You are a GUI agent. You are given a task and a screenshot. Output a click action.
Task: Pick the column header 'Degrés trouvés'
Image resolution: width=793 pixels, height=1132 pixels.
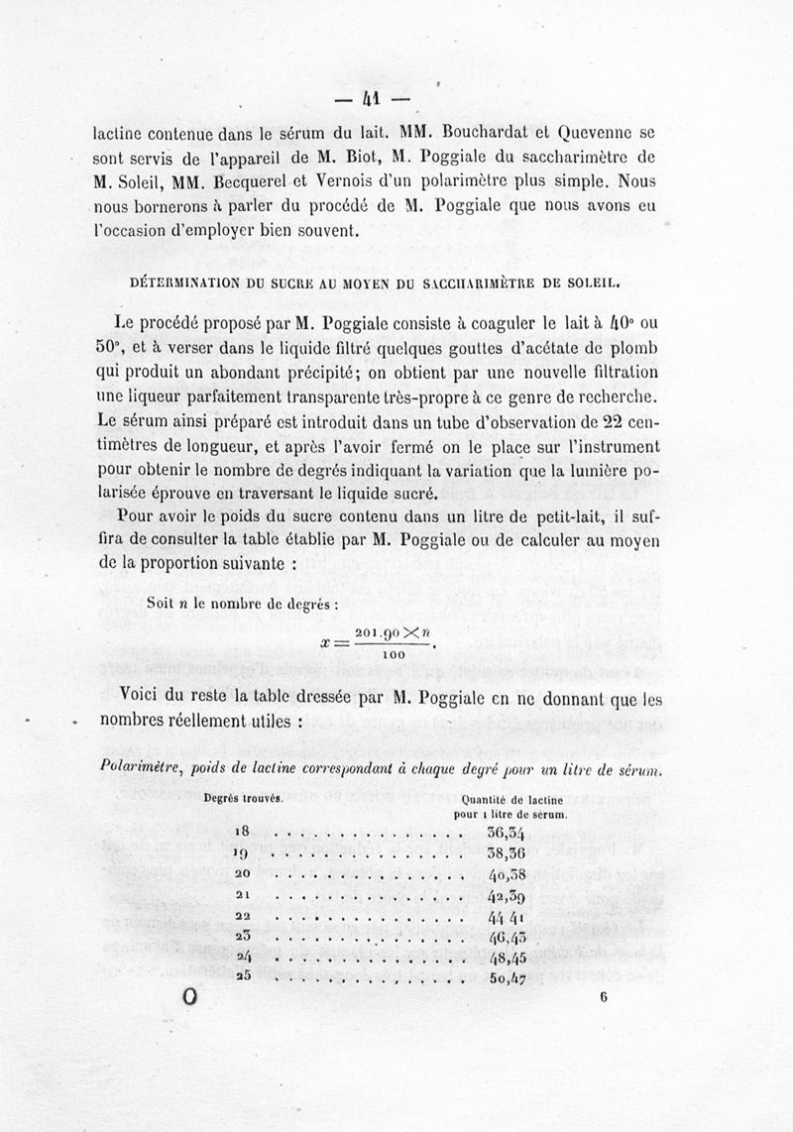pos(244,798)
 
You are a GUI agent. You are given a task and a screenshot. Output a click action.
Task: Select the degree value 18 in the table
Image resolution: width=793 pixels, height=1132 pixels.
pos(242,832)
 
